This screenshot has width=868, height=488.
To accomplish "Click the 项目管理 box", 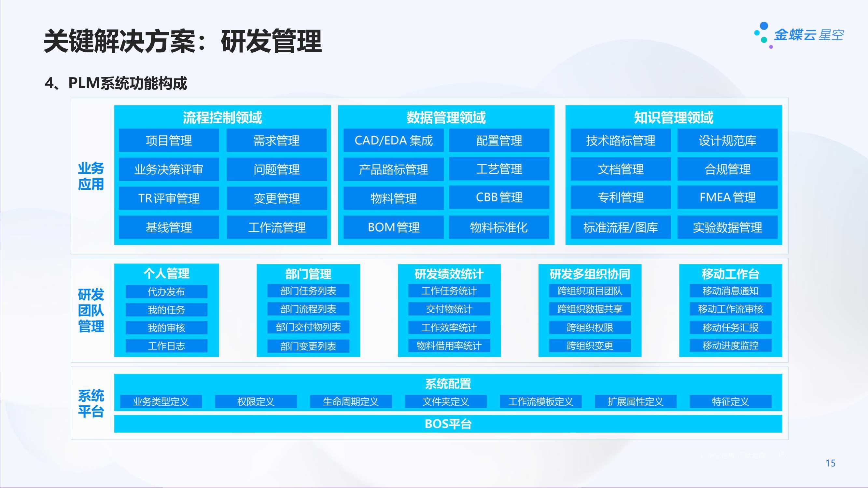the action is point(169,141).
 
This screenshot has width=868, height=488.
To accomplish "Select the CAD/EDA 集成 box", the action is point(393,141).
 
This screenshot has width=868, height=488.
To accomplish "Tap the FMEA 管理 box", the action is point(727,197).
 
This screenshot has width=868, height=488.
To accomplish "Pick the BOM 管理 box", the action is point(393,227).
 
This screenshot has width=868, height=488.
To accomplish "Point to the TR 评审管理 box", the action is point(169,198).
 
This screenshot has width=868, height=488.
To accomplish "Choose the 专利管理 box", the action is point(621,197).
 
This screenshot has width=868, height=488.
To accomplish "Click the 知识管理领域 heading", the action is point(674,117).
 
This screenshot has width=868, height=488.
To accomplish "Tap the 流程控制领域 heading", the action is point(222,117).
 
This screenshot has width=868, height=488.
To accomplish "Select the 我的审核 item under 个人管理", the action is point(166,328).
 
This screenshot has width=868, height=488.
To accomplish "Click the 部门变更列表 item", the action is point(308,346).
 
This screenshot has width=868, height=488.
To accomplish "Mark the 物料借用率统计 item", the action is point(449,346).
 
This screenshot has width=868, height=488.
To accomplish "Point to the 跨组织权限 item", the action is point(590,327).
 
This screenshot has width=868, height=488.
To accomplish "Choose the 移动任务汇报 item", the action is point(731,327).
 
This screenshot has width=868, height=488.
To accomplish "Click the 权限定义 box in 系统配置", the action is point(256,401).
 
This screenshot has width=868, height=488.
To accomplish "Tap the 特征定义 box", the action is point(731,401).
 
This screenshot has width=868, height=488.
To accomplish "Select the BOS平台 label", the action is point(448,424).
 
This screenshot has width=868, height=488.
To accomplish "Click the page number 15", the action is point(831,463).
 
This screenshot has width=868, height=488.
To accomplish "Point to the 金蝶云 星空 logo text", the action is point(809,35).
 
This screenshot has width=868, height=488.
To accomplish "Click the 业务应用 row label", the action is point(91,176).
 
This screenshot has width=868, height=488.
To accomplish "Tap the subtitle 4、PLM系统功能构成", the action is point(116,83).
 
